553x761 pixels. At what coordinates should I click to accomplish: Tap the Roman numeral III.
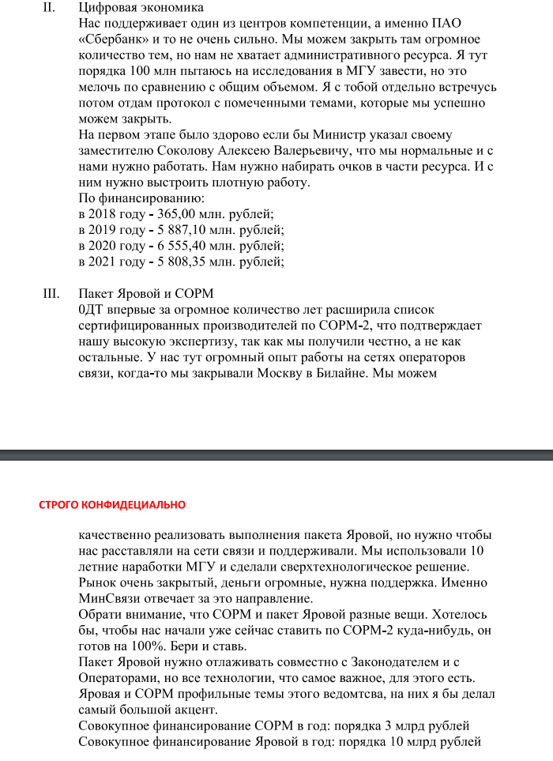[50, 294]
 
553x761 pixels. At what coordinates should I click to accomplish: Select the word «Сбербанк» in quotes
[115, 39]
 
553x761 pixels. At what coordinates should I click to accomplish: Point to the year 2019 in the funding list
[105, 230]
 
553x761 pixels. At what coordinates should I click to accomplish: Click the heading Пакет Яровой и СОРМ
[146, 294]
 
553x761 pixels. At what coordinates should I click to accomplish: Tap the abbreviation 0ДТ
[92, 310]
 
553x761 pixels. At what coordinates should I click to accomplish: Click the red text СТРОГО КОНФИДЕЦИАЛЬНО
[112, 504]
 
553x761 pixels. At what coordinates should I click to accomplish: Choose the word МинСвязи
[107, 598]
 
